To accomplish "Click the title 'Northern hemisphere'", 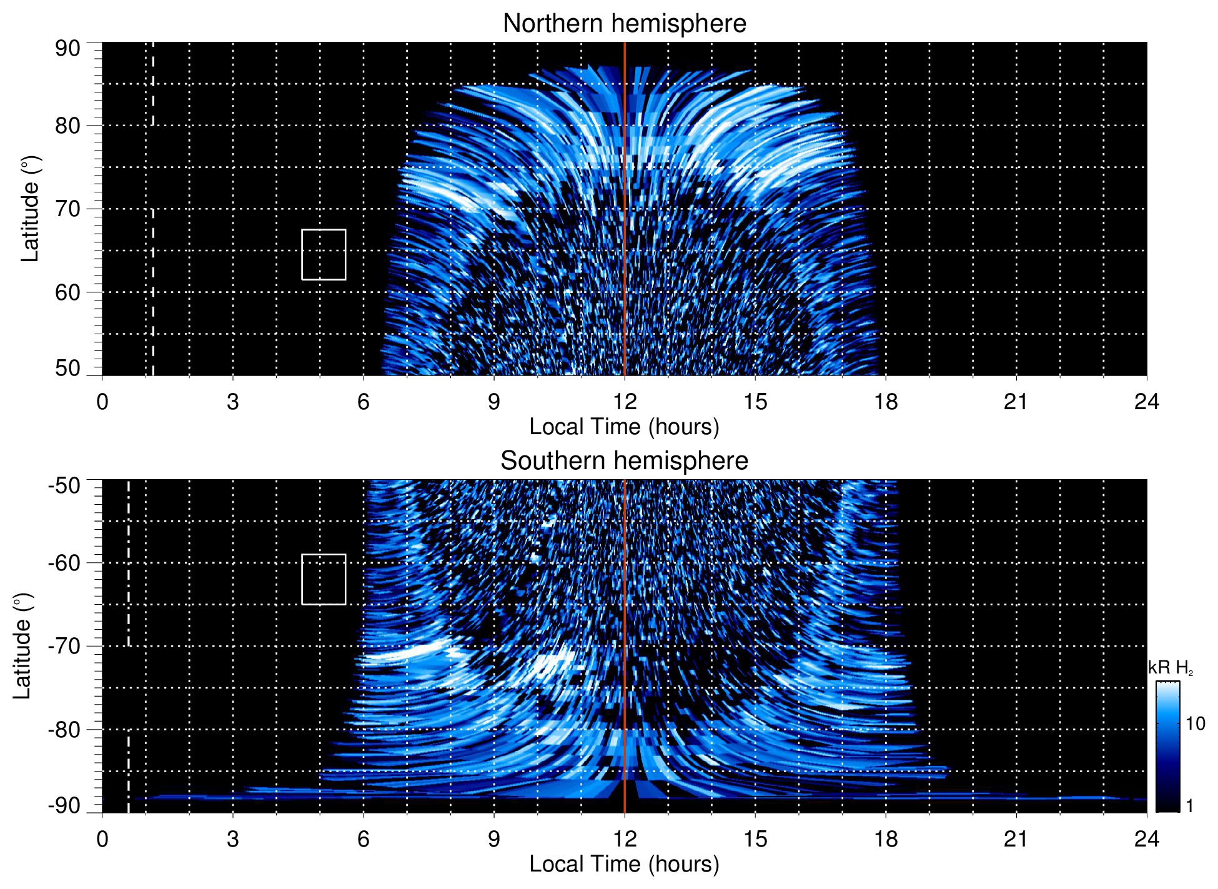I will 624,24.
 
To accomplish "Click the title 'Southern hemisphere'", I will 624,461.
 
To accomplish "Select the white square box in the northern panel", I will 324,254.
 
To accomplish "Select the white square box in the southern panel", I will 324,579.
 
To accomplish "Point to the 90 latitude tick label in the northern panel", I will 67,49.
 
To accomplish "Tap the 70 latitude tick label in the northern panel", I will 67,209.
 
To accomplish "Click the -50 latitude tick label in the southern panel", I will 64,485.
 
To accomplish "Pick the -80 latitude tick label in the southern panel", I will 64,729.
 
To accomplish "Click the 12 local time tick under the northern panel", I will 624,401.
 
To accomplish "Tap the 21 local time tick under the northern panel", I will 1016,401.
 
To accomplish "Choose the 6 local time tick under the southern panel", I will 363,838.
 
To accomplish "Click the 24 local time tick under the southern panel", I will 1146,838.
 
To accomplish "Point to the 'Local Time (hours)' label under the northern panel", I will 624,427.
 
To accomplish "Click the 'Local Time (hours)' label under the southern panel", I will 624,864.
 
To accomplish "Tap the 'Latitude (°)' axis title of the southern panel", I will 22,646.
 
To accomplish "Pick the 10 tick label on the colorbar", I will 1195,723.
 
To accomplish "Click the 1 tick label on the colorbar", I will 1189,806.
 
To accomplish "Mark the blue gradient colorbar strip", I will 1167,747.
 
